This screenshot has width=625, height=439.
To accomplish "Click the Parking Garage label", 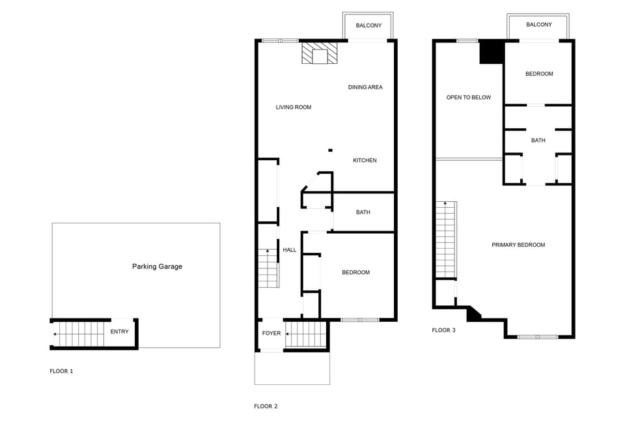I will point(157,266).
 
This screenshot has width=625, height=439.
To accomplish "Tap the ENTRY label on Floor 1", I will point(119,332).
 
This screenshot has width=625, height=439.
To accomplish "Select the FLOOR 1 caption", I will point(61,371).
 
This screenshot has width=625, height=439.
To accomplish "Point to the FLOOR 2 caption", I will point(266,406).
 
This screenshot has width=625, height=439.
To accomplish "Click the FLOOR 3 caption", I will point(443,330).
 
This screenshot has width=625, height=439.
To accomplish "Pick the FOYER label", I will point(271,333).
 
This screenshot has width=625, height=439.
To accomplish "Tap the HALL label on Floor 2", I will point(289,249).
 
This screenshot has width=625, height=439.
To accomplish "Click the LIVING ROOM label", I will point(293,107).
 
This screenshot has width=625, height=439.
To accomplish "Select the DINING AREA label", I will point(365,87).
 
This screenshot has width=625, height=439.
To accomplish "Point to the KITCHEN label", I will point(365,160).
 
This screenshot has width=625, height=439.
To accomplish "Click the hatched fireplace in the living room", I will point(320,54).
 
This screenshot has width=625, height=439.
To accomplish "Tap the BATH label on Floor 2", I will point(363,212).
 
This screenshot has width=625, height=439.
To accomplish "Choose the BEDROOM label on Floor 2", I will point(355,272).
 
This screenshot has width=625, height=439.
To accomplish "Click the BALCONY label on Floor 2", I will point(368,25).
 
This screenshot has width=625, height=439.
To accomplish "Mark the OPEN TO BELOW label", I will point(468,98).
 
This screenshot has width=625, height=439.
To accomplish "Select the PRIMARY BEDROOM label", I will point(518,245).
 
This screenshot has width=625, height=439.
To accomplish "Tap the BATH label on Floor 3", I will point(538,140).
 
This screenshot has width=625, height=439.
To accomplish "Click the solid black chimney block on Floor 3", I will point(492,52).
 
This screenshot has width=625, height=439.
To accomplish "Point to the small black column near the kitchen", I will point(330,149).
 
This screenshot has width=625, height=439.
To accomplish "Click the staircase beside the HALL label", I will point(268,268).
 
